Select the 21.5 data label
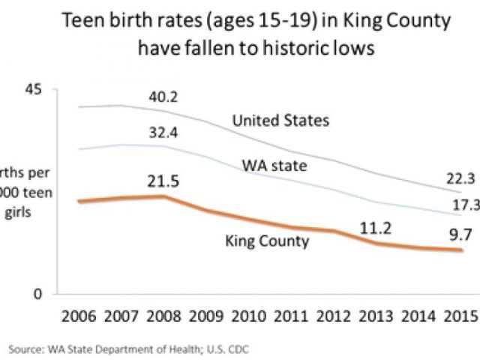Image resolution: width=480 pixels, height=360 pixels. click(x=163, y=181)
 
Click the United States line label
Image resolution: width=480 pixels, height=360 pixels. click(x=280, y=120)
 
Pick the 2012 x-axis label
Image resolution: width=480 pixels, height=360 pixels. click(x=334, y=315)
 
